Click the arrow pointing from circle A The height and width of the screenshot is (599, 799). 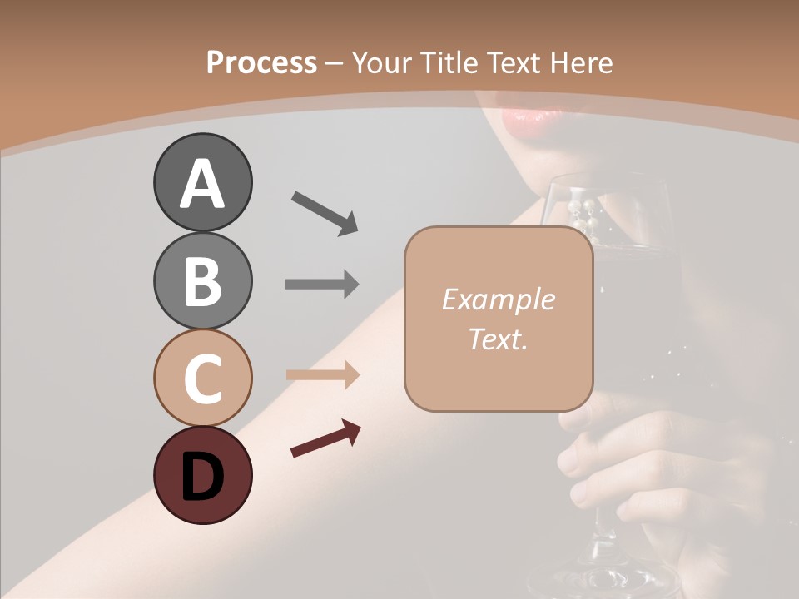325,212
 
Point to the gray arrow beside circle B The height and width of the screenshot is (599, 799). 322,284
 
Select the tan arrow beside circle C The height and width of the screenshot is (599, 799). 322,374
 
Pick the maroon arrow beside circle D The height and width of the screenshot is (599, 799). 325,440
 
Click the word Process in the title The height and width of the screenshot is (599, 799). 261,62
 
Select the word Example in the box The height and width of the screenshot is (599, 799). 498,299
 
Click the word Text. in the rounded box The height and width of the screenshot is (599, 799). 498,339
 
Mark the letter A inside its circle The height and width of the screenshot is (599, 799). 202,183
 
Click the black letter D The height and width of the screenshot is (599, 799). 202,478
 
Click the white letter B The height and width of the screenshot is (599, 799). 202,280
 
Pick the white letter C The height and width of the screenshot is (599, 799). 202,379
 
